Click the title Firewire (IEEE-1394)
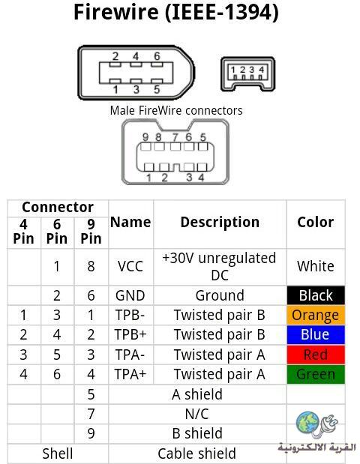click(x=176, y=12)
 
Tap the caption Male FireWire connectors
click(x=176, y=111)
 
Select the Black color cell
click(x=316, y=295)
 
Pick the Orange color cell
click(x=316, y=315)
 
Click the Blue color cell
click(x=316, y=334)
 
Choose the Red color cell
click(x=316, y=355)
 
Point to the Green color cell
click(x=316, y=374)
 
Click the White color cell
click(x=316, y=266)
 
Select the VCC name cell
click(x=130, y=266)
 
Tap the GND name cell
click(x=130, y=295)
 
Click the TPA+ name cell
click(x=130, y=374)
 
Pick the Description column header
click(x=220, y=222)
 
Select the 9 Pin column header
click(x=91, y=232)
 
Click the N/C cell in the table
click(x=196, y=414)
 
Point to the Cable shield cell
click(x=196, y=454)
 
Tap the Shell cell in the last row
click(x=58, y=454)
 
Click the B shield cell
click(x=197, y=433)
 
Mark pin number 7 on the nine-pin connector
click(x=175, y=137)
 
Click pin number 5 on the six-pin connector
click(x=157, y=89)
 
